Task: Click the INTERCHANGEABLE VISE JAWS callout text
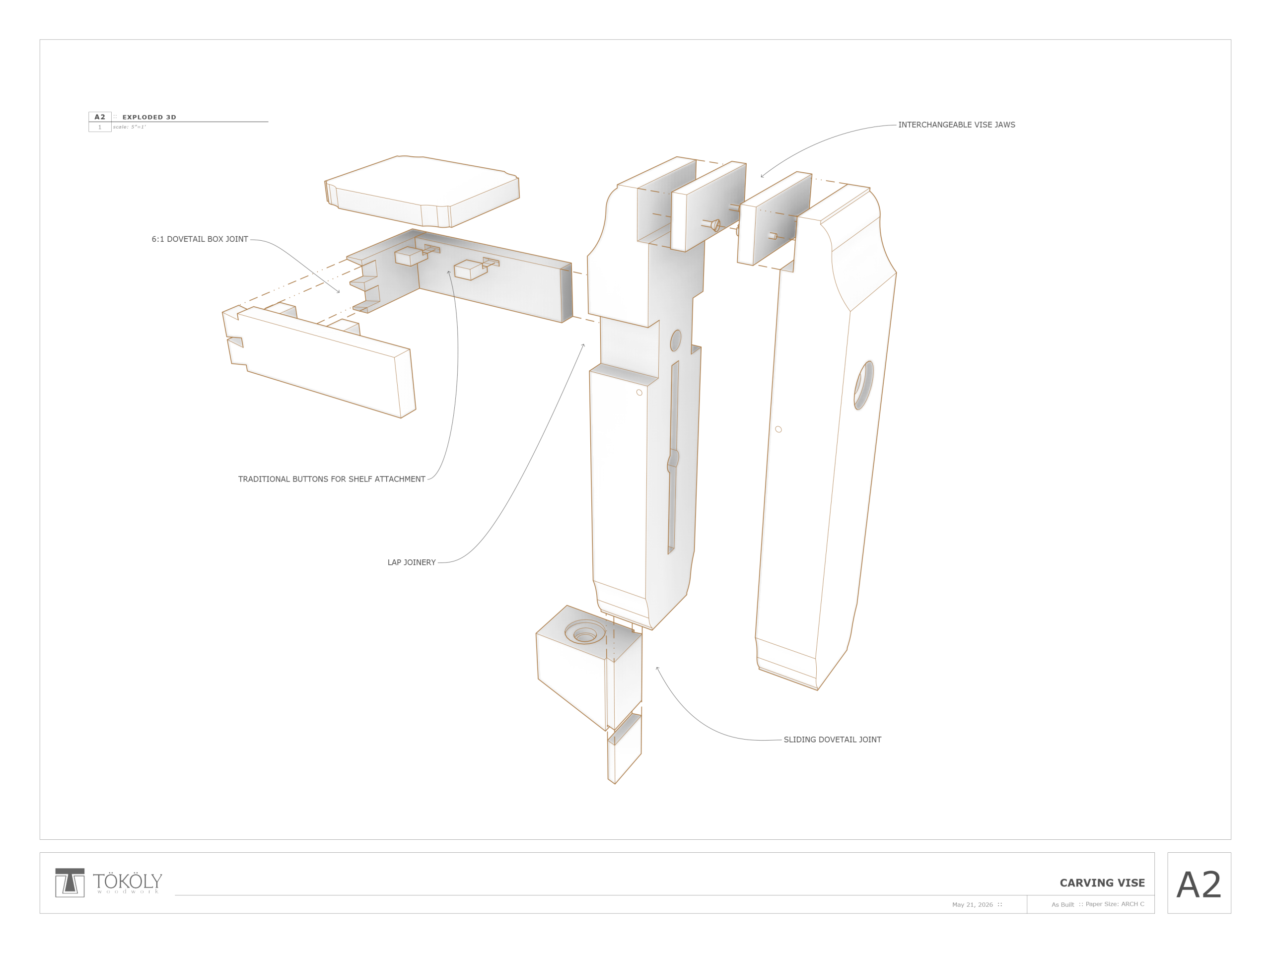tap(956, 125)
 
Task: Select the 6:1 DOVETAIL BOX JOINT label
tap(200, 239)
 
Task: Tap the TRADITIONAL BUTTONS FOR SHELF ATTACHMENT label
tap(332, 479)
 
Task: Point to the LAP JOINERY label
tap(412, 562)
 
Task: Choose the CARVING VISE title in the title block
tap(1102, 883)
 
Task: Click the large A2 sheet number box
tap(1199, 883)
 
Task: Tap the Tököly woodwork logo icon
tap(70, 883)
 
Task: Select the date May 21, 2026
tap(972, 905)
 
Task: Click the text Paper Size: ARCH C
tap(1115, 904)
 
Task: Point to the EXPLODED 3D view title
tap(149, 117)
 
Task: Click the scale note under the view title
tap(129, 127)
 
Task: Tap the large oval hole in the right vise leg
tap(863, 385)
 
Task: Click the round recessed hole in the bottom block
tap(585, 632)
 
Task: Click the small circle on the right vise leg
tap(778, 429)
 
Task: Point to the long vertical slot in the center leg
tap(673, 457)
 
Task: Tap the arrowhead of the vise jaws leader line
tap(762, 176)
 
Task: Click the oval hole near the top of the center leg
tap(676, 340)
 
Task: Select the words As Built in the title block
tap(1062, 905)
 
